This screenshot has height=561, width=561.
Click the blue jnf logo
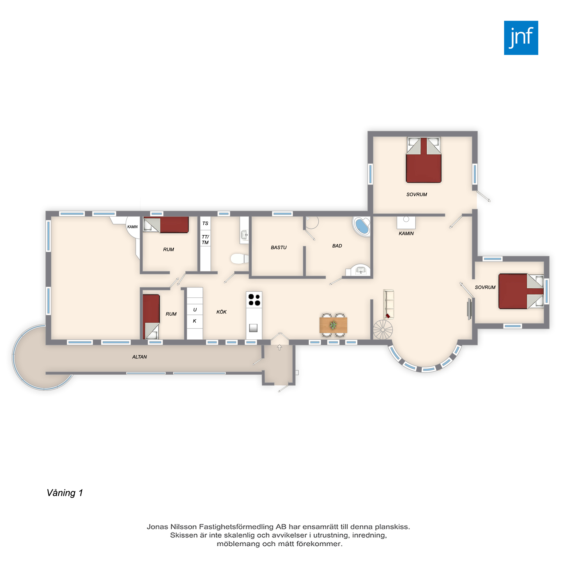521,38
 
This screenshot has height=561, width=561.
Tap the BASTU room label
279,247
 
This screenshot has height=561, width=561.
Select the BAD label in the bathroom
337,246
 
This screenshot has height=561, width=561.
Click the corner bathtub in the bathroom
362,226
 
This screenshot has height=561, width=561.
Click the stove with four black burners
254,300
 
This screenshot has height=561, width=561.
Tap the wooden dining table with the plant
333,325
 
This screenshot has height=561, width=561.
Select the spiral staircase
383,330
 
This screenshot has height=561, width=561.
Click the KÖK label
221,312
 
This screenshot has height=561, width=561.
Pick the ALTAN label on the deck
139,357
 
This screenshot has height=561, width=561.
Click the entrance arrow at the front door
279,347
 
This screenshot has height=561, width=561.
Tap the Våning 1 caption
65,493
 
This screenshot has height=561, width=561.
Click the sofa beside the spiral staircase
388,304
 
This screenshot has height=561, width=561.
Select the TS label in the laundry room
205,223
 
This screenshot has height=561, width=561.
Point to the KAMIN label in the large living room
406,233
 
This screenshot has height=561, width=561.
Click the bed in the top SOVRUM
424,160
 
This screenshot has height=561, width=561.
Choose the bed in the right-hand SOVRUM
521,291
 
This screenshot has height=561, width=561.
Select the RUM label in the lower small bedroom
171,314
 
